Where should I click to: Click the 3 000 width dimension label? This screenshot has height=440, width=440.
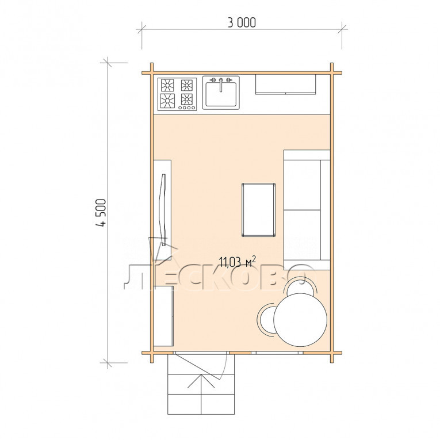click(242, 23)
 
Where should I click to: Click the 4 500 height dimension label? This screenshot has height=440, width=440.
click(101, 213)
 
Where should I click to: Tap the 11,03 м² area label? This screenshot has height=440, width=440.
click(237, 262)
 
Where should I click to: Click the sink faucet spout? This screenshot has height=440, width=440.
click(221, 86)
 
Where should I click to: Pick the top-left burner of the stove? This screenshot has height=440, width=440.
click(167, 85)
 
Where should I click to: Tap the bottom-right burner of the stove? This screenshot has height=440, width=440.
click(186, 99)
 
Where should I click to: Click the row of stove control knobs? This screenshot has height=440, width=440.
click(187, 108)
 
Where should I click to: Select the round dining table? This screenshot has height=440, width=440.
click(300, 320)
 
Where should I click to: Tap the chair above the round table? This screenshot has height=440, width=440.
click(301, 286)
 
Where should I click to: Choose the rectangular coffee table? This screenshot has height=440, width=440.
click(258, 210)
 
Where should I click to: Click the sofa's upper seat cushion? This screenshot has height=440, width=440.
click(302, 185)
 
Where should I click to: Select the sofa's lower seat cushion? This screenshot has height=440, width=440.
click(302, 235)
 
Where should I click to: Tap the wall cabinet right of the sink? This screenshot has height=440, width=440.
click(285, 84)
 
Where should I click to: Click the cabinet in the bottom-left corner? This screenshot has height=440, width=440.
click(163, 316)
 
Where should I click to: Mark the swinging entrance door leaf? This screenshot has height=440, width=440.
click(200, 367)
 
